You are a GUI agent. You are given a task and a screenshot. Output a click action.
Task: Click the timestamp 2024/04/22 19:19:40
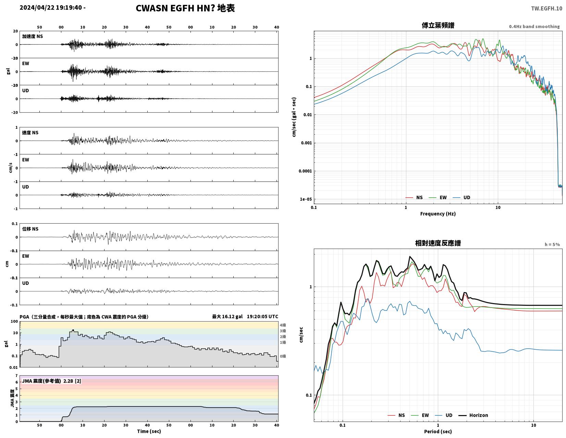click(51, 8)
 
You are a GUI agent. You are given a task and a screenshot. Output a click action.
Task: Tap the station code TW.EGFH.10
click(546, 9)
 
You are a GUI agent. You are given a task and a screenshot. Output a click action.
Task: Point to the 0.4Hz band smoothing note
click(534, 27)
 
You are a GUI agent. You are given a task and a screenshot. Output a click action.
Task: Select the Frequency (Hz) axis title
click(438, 214)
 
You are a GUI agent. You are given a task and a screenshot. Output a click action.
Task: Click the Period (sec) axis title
click(438, 431)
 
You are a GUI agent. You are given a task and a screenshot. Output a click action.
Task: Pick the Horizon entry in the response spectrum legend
click(473, 415)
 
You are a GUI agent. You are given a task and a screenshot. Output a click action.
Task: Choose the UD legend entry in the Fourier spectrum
click(461, 198)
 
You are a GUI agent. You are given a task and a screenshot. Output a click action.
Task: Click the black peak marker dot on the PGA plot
click(73, 330)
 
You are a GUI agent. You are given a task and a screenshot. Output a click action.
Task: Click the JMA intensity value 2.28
click(68, 381)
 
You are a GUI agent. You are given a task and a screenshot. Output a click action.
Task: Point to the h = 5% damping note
click(552, 245)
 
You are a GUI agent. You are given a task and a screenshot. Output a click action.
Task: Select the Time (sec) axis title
click(149, 431)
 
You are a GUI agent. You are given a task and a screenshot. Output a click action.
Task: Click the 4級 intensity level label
click(283, 325)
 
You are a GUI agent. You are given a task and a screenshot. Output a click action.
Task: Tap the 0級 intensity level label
click(283, 356)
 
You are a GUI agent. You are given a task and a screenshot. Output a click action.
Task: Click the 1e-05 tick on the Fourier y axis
click(306, 199)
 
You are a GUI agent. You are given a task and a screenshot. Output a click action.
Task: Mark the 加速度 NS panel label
click(32, 36)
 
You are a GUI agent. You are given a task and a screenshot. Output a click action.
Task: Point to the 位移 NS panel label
click(30, 229)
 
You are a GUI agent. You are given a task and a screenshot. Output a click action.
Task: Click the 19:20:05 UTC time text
click(262, 316)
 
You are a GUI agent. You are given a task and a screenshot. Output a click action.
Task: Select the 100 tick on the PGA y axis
click(14, 322)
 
